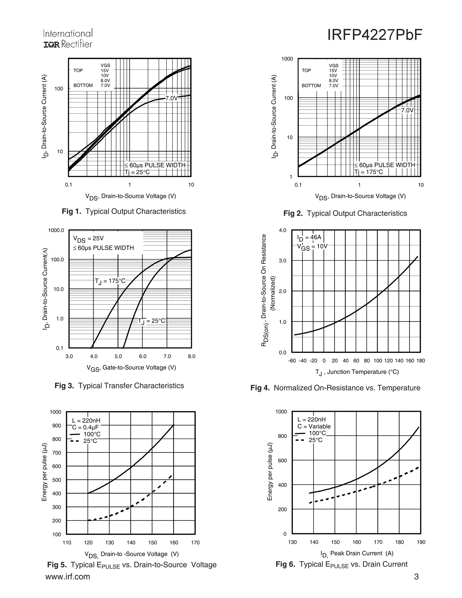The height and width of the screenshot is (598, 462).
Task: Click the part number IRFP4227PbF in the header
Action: tap(375, 35)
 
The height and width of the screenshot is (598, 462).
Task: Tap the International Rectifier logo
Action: tap(68, 38)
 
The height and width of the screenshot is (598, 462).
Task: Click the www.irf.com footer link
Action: tap(68, 577)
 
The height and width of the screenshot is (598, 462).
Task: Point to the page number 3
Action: tap(416, 577)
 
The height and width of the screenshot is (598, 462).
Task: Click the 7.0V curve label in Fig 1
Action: tap(172, 98)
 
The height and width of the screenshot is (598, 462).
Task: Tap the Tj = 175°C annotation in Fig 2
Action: tap(369, 172)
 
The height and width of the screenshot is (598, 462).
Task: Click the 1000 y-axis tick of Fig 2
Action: tap(287, 59)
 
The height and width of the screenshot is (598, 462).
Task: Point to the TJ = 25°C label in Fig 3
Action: tap(152, 321)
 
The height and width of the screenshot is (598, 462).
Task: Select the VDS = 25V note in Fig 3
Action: tap(88, 239)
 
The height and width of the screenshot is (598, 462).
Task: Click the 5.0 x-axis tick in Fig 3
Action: tap(118, 357)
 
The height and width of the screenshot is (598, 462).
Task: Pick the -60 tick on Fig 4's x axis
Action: tap(292, 361)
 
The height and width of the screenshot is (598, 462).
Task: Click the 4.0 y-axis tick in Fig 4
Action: tap(283, 230)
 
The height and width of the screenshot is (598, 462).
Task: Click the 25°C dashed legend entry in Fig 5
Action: tap(83, 441)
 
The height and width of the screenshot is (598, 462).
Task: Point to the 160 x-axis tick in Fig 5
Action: tap(174, 543)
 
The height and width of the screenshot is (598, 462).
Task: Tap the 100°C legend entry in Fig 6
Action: tap(310, 433)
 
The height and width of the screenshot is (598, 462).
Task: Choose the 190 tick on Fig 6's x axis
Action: tap(421, 542)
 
